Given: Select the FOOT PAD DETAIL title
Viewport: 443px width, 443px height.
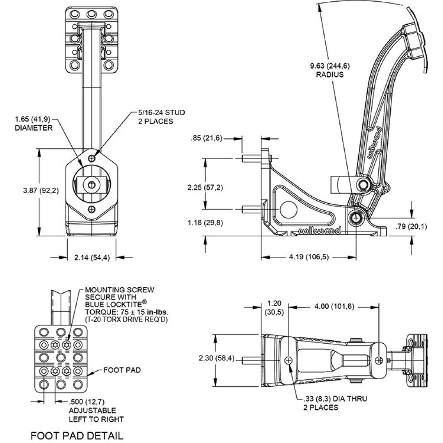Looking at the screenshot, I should (76, 435).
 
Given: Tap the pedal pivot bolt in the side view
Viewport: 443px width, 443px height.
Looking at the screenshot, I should (356, 218).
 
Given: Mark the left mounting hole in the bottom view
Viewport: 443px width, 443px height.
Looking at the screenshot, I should (289, 361).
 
